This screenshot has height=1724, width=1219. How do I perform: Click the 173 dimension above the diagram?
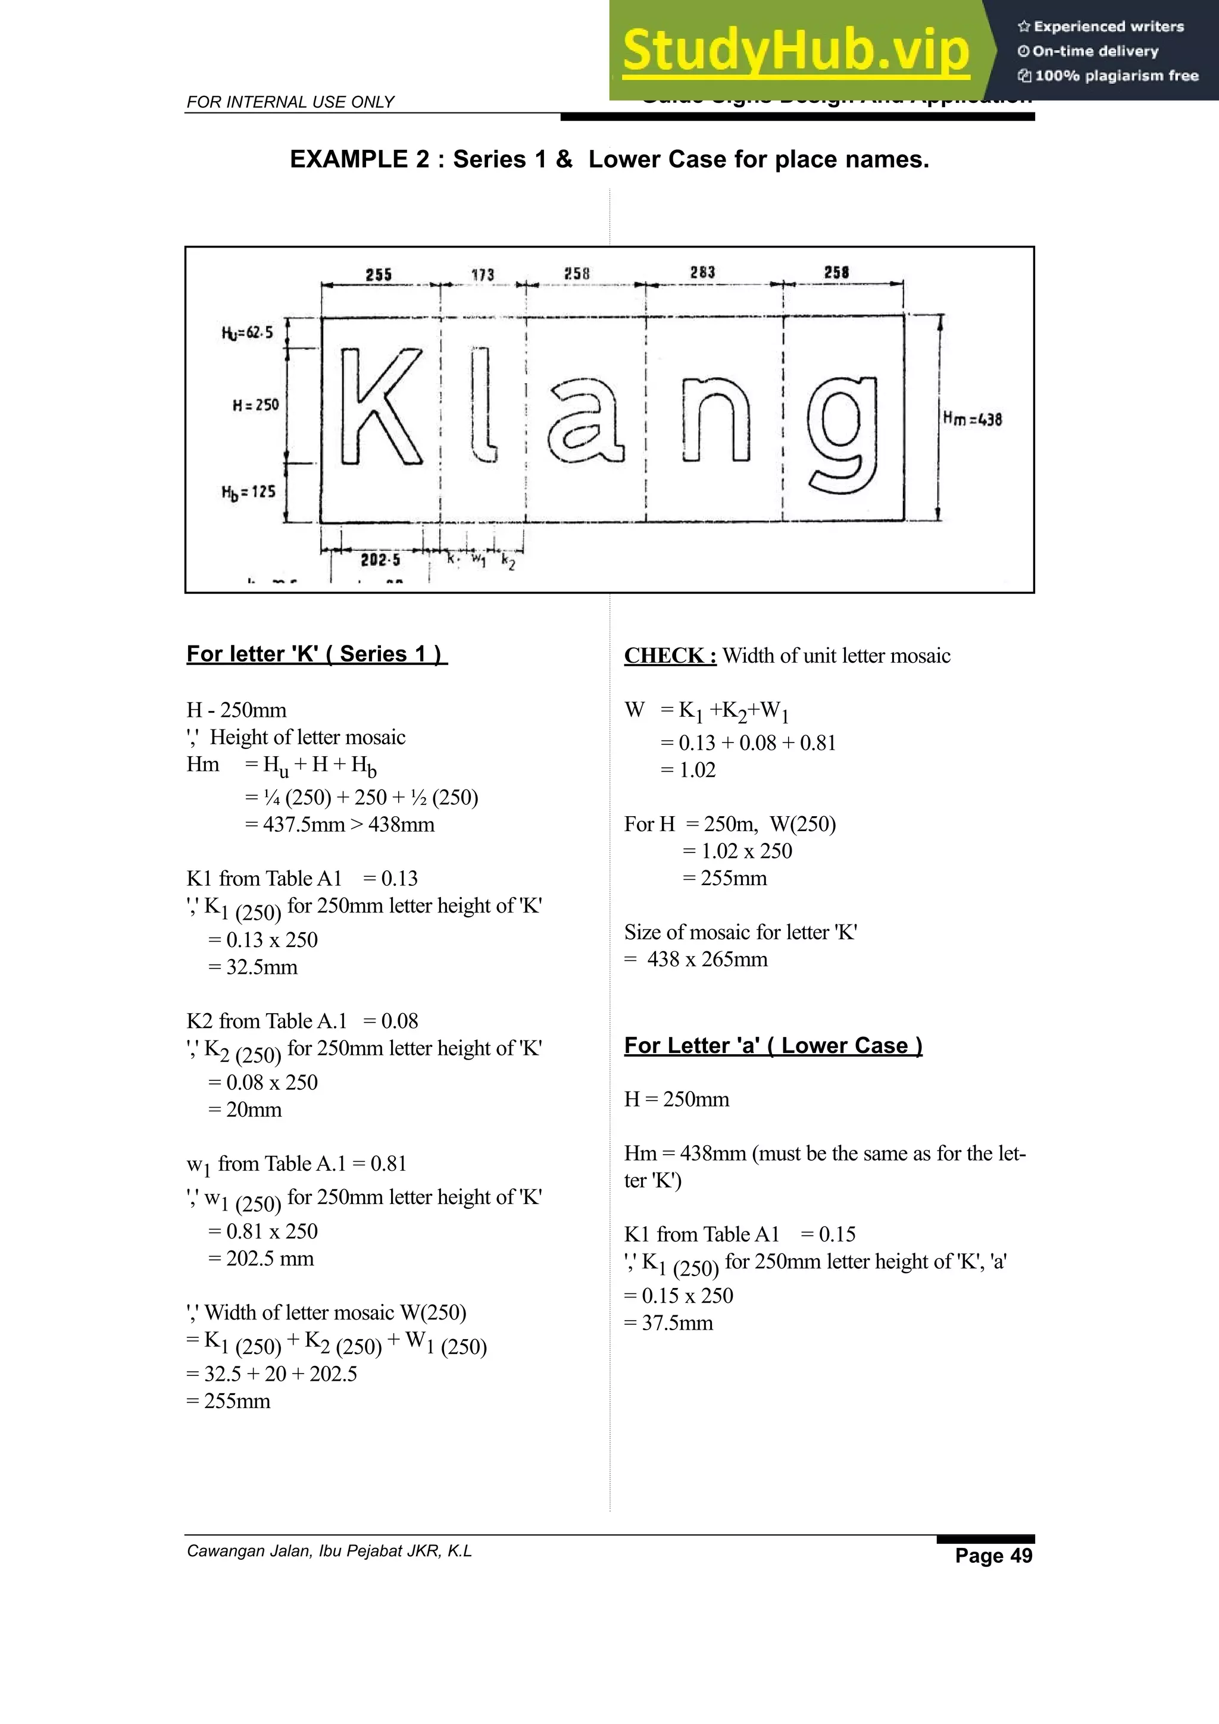(483, 275)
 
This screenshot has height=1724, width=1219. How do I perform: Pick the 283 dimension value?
(702, 272)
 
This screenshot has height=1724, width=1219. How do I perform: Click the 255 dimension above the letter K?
(379, 275)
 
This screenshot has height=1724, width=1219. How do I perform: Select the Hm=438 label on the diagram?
(972, 419)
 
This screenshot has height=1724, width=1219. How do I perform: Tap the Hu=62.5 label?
(247, 333)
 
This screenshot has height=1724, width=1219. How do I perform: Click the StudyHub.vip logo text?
(795, 51)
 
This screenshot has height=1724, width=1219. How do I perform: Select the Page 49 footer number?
(993, 1555)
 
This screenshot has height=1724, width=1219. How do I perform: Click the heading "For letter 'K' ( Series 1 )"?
(316, 654)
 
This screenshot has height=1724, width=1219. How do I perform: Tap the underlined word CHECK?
(669, 656)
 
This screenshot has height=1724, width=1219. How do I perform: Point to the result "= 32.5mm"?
(253, 967)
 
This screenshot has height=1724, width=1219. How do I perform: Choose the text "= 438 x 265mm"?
(696, 960)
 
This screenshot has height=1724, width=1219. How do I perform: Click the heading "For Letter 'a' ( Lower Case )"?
(773, 1045)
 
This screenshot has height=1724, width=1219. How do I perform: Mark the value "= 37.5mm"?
(668, 1323)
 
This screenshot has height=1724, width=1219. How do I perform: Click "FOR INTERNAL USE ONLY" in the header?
(290, 102)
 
